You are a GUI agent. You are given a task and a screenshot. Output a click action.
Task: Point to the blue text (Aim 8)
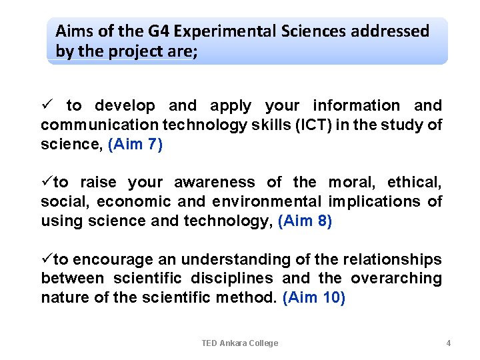pos(305,221)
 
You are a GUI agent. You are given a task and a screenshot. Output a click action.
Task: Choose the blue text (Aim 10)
pos(314,298)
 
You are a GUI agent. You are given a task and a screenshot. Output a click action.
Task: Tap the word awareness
pos(215,182)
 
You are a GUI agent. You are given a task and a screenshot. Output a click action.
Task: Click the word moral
pos(351,182)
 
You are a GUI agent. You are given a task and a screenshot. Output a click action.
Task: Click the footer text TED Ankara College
pos(240,343)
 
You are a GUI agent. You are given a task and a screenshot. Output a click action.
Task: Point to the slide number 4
pos(449,343)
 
